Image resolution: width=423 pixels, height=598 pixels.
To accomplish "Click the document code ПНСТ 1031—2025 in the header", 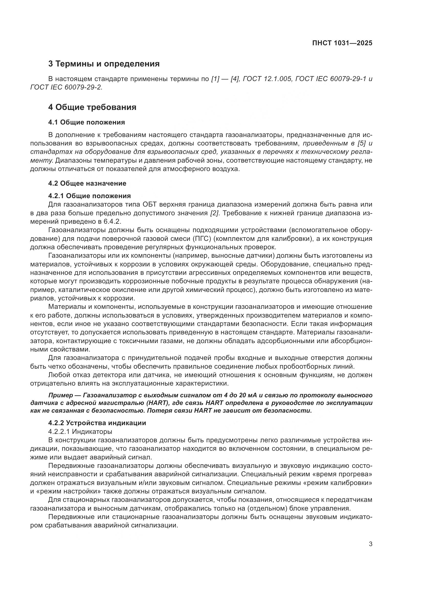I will tap(342, 43).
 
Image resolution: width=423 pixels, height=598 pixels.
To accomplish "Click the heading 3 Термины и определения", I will tap(104, 64).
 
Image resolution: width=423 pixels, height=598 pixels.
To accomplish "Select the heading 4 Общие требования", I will tap(92, 107).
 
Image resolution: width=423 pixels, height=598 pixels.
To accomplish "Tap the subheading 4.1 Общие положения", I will tap(86, 122).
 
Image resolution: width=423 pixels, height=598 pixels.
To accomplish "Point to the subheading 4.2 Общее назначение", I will tap(87, 183).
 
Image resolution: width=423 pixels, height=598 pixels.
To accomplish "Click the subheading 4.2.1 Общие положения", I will tap(89, 196).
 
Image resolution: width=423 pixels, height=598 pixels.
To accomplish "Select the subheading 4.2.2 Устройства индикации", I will tap(97, 423).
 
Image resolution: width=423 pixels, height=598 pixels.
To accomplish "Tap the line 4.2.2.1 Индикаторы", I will tap(80, 432).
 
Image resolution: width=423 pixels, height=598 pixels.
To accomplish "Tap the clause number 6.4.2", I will tap(114, 222).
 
